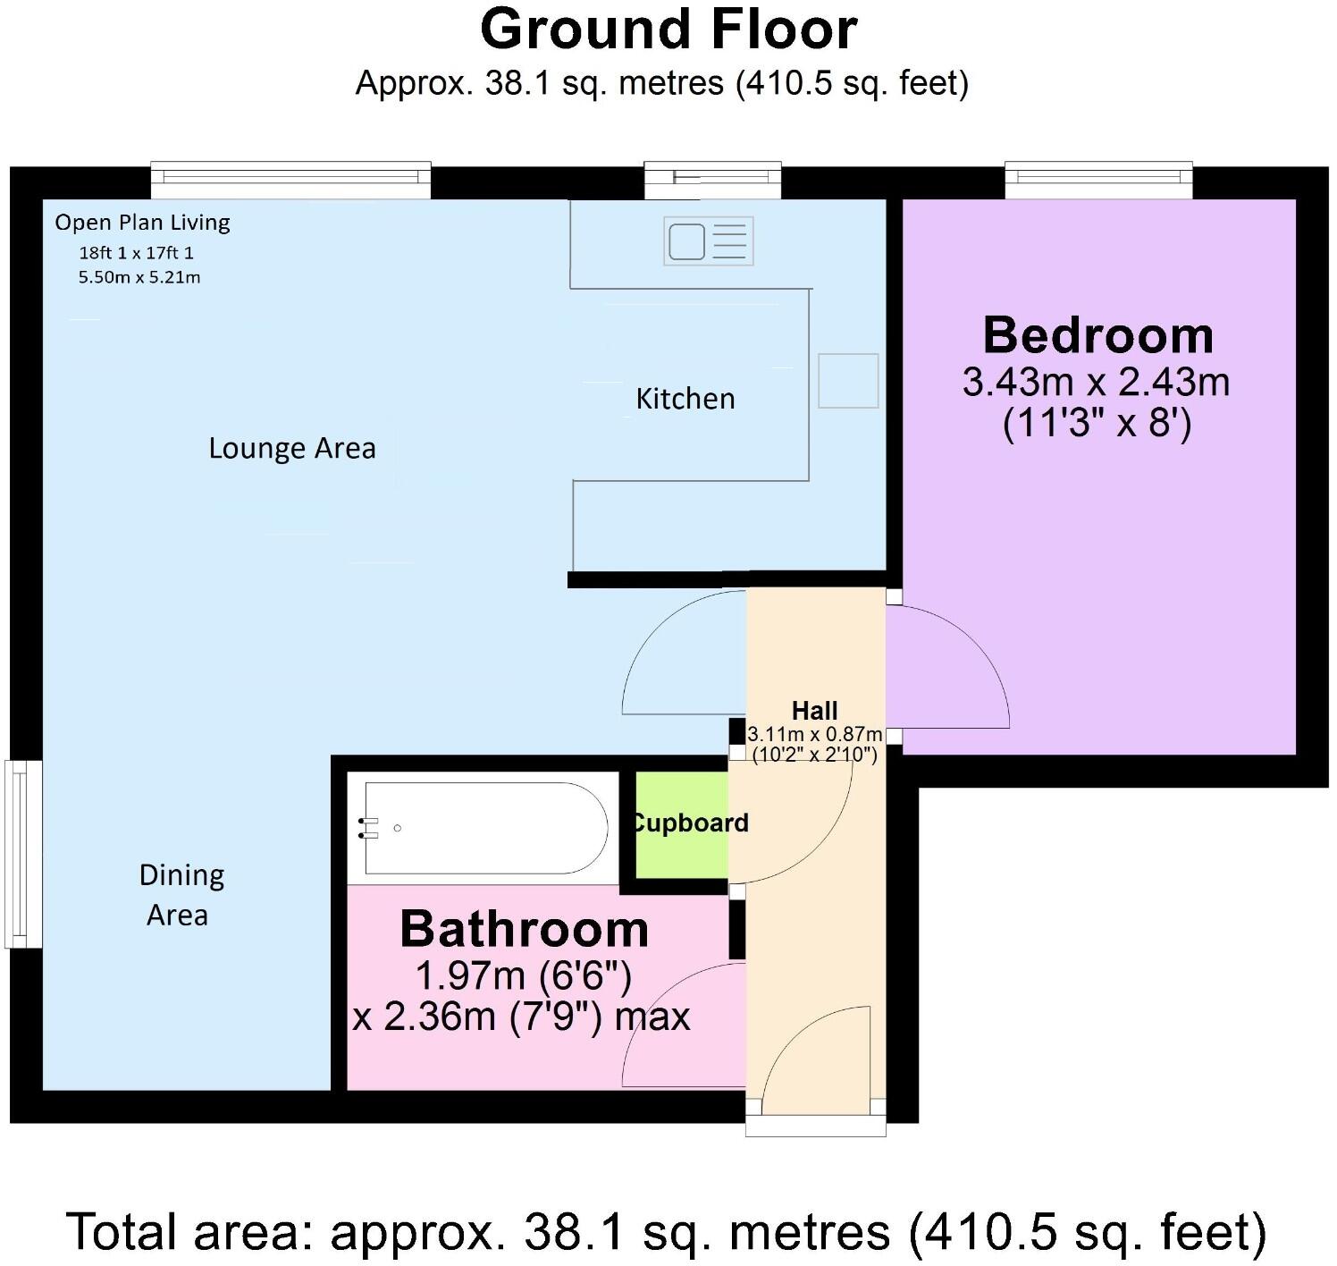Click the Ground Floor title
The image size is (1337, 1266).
pyautogui.click(x=668, y=30)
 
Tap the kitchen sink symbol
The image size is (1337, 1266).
pyautogui.click(x=708, y=241)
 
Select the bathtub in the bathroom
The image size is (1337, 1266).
pyautogui.click(x=486, y=828)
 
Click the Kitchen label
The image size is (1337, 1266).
pyautogui.click(x=685, y=399)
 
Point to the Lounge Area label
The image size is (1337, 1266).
pyautogui.click(x=291, y=448)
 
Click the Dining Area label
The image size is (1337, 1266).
pyautogui.click(x=180, y=895)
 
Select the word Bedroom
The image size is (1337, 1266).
pyautogui.click(x=1097, y=335)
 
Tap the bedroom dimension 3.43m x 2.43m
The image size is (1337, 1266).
pyautogui.click(x=1096, y=383)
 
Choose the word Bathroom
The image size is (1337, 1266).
pyautogui.click(x=524, y=929)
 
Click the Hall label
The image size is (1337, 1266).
pyautogui.click(x=814, y=711)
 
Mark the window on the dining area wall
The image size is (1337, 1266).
pyautogui.click(x=23, y=853)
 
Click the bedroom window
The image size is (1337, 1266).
pyautogui.click(x=1098, y=180)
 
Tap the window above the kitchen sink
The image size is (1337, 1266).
pyautogui.click(x=712, y=180)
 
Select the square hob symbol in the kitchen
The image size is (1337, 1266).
pyautogui.click(x=847, y=381)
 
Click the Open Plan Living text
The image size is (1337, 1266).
pyautogui.click(x=142, y=223)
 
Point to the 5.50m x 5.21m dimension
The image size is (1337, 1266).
pyautogui.click(x=139, y=277)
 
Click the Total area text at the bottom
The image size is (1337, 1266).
pyautogui.click(x=667, y=1232)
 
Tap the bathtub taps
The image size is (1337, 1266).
pyautogui.click(x=367, y=828)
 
